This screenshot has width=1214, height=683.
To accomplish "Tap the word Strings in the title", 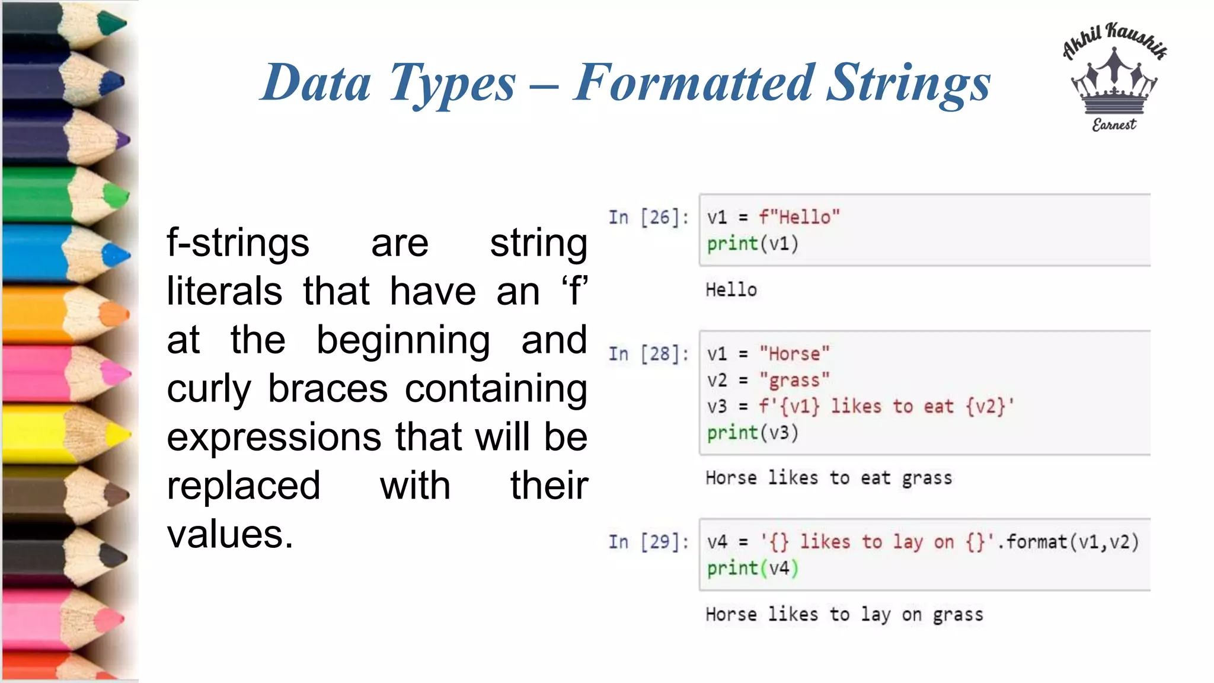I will pyautogui.click(x=908, y=83).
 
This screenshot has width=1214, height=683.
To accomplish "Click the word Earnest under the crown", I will pyautogui.click(x=1114, y=125).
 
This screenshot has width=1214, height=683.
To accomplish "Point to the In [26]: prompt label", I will pyautogui.click(x=648, y=218).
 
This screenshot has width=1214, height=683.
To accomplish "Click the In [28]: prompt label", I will pyautogui.click(x=648, y=354).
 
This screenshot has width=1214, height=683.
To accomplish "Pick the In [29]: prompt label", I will pyautogui.click(x=648, y=542).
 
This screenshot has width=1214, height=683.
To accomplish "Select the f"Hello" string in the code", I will pyautogui.click(x=799, y=218).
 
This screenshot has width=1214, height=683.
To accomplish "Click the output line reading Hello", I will pyautogui.click(x=731, y=290).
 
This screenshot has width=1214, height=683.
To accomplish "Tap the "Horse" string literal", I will pyautogui.click(x=794, y=354).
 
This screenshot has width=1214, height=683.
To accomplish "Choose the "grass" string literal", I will pyautogui.click(x=794, y=380).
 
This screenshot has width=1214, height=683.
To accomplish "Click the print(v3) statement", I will pyautogui.click(x=752, y=433).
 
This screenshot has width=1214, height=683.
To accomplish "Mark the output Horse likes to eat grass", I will pyautogui.click(x=828, y=478).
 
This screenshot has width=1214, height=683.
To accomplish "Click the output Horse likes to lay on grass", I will pyautogui.click(x=844, y=615).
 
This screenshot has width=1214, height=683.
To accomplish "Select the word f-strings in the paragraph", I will pyautogui.click(x=238, y=243).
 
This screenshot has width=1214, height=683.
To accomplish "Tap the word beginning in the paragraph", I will pyautogui.click(x=403, y=340).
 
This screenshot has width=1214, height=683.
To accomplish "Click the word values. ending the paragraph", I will pyautogui.click(x=230, y=534).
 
